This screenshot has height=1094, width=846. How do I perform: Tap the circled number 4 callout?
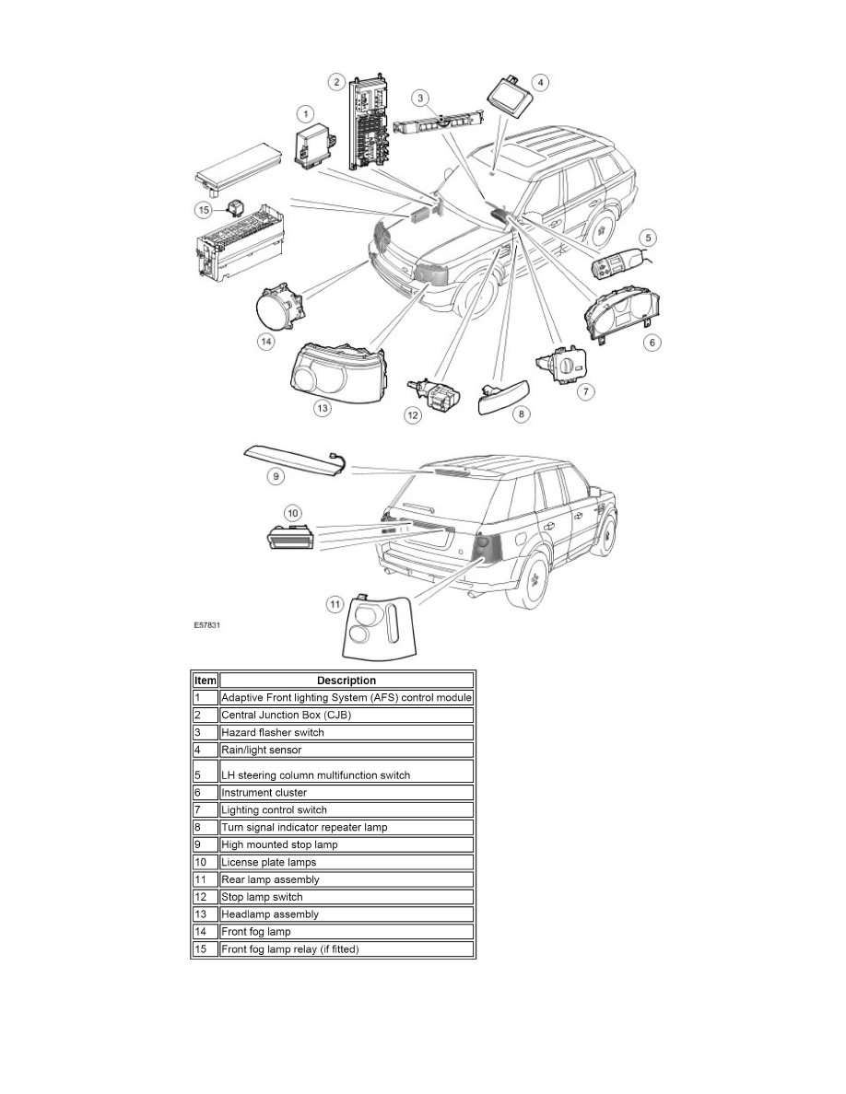point(542,83)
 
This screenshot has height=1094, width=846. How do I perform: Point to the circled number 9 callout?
point(275,477)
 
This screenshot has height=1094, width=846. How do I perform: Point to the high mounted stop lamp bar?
point(290,457)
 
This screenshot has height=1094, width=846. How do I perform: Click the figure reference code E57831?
point(207,623)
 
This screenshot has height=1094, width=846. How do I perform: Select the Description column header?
point(346,681)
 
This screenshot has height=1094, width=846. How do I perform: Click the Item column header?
point(204,681)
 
